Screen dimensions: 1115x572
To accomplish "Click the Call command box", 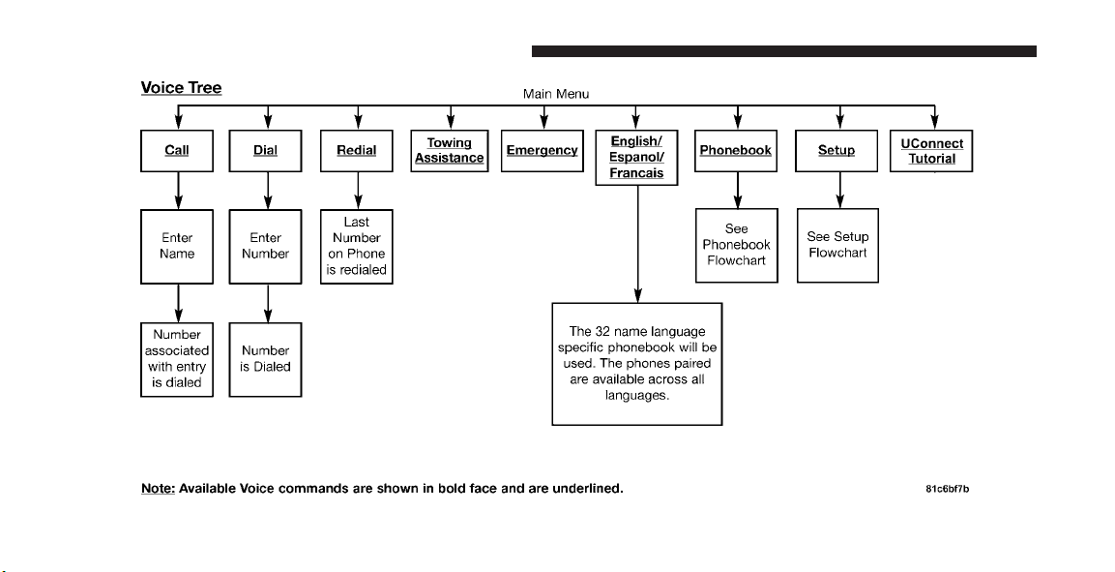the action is tap(177, 151).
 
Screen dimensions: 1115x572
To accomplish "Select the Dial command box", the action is tap(265, 151).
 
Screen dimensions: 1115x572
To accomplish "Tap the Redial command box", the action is tap(356, 151).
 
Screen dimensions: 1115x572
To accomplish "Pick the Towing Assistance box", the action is tap(450, 151).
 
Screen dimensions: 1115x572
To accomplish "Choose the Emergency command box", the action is tap(543, 151).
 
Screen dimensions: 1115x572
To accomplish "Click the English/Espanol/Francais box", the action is tap(636, 157).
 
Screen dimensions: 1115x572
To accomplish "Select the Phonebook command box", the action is tap(735, 151).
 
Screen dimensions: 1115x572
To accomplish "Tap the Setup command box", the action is tap(836, 151).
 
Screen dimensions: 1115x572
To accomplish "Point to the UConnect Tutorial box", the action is tap(931, 151).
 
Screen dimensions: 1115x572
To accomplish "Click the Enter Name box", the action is tap(177, 246).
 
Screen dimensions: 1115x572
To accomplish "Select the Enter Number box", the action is tap(265, 246).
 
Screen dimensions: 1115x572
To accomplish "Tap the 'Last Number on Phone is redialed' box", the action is tap(356, 246).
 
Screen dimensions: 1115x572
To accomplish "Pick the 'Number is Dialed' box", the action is tap(265, 359).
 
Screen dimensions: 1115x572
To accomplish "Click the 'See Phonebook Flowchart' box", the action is tap(737, 246).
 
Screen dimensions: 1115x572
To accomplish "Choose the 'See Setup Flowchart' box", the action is tap(837, 246).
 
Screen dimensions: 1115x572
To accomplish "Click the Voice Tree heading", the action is tap(182, 88).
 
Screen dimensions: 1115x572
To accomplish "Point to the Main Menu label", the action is tap(556, 94).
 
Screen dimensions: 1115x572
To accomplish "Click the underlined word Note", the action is tap(158, 489).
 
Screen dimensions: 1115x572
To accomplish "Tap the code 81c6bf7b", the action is tap(947, 489).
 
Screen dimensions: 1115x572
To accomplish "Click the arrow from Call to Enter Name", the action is tap(178, 191).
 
